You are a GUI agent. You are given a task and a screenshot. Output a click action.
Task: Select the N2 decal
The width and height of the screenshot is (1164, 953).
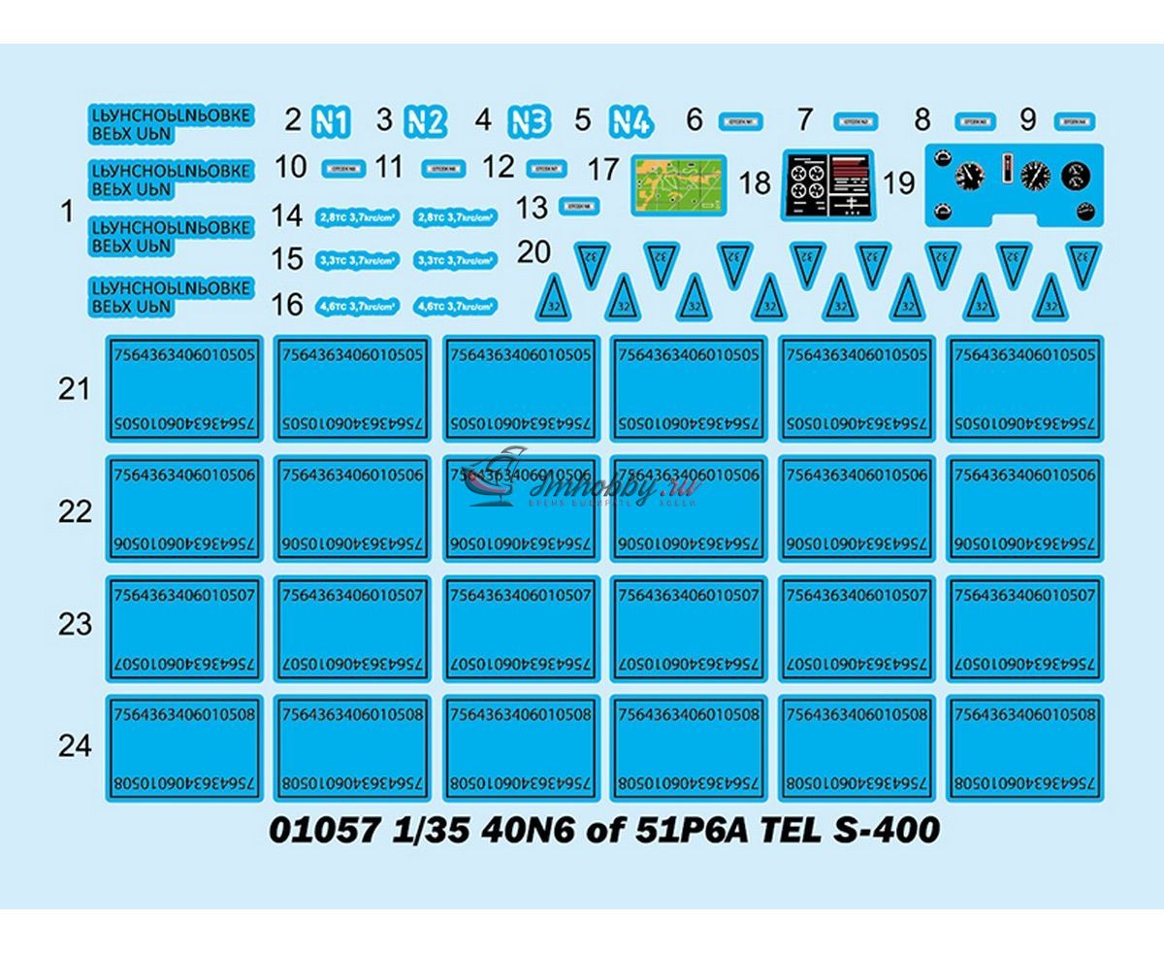click(425, 122)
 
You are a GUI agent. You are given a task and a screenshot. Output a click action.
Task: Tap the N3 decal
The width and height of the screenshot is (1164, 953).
click(529, 122)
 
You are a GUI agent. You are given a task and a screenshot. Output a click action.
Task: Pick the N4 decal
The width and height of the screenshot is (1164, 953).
click(630, 122)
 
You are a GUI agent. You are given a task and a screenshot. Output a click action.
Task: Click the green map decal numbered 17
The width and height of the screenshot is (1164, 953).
click(679, 184)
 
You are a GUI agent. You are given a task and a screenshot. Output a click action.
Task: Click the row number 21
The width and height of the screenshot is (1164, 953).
click(74, 389)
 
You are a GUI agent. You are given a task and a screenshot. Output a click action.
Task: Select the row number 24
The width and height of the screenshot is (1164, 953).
click(74, 745)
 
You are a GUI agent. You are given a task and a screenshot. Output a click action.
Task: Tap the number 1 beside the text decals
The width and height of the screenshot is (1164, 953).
click(66, 211)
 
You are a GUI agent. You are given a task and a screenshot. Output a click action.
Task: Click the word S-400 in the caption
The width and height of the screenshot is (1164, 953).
click(891, 832)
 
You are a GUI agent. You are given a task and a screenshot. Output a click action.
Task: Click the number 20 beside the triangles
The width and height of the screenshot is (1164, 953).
click(533, 252)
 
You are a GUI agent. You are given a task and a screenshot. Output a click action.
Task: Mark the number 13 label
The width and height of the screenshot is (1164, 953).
click(533, 207)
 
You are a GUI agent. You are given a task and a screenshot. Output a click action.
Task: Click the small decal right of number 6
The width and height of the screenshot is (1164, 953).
click(741, 122)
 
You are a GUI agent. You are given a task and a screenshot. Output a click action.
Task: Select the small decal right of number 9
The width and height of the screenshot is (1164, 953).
click(1074, 122)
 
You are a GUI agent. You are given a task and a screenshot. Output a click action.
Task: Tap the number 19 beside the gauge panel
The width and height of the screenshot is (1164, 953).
click(899, 182)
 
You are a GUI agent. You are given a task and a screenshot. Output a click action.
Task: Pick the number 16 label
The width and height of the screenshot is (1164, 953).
click(288, 305)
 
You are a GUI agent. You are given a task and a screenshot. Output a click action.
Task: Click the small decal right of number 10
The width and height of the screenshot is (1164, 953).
click(343, 168)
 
